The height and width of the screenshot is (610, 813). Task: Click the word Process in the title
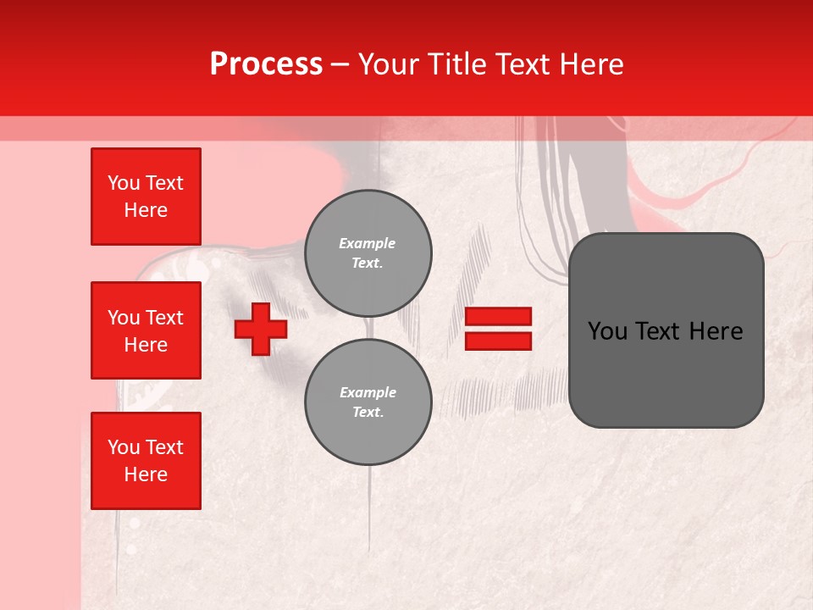[266, 64]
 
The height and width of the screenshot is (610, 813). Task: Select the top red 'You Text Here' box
[146, 197]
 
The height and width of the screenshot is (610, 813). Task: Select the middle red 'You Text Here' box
[146, 330]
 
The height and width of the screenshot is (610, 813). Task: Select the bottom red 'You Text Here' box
[146, 461]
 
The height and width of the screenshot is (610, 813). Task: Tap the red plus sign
[261, 330]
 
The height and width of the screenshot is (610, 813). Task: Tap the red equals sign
[498, 330]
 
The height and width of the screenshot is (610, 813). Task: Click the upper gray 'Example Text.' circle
[368, 253]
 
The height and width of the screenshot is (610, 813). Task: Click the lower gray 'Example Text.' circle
[368, 402]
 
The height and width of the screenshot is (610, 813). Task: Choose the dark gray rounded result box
[666, 330]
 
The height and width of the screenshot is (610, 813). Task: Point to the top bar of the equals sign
[498, 317]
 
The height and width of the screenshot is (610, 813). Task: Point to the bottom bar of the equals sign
[498, 341]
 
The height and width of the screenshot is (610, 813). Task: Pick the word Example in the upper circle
[368, 244]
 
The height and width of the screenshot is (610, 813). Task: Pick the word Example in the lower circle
[368, 393]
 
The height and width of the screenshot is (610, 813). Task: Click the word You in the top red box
[124, 183]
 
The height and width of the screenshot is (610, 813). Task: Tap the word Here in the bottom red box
[146, 475]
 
